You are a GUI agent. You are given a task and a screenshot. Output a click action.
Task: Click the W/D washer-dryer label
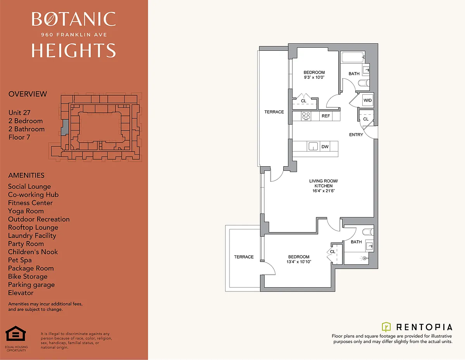(x=368, y=100)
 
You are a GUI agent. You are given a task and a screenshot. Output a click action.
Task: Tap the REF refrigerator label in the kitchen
(x=325, y=116)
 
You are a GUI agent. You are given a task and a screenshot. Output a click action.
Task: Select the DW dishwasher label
(x=325, y=147)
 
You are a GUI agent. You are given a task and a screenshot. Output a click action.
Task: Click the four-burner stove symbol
(x=306, y=116)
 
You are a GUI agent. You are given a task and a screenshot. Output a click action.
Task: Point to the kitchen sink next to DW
(x=313, y=146)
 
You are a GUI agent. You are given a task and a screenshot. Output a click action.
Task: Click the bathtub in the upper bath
(x=353, y=57)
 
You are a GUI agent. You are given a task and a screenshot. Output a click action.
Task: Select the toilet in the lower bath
(x=368, y=232)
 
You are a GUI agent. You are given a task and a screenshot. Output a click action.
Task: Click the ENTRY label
(x=356, y=135)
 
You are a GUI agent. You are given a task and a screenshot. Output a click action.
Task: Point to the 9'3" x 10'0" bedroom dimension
(x=314, y=78)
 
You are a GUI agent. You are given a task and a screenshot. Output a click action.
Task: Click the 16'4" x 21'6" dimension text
(x=324, y=191)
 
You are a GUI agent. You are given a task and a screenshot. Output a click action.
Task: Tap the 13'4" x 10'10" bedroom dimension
(x=299, y=262)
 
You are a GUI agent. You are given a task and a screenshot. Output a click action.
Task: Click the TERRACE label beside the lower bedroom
(x=244, y=257)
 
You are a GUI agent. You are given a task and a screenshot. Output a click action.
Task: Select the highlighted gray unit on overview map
(x=65, y=127)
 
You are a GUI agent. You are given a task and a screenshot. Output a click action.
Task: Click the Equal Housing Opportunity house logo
(x=15, y=334)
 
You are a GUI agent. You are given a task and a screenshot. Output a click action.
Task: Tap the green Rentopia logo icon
(x=386, y=327)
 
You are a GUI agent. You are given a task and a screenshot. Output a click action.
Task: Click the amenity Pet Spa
(x=20, y=260)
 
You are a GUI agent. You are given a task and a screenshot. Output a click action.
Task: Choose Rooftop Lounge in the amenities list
(x=33, y=227)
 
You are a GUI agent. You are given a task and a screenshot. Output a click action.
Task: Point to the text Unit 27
(x=19, y=112)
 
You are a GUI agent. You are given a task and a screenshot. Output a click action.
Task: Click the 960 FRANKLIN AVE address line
(x=74, y=34)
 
